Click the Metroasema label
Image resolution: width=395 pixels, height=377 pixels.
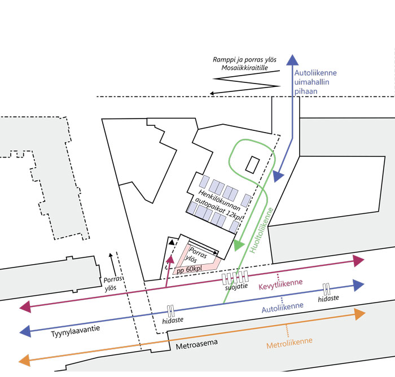point(197,344)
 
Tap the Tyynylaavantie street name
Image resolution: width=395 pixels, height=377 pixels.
point(76,331)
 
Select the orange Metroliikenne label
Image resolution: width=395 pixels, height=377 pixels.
point(289,343)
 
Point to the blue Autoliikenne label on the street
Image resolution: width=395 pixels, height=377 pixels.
point(282,308)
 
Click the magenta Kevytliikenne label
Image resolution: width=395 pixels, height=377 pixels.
point(280,284)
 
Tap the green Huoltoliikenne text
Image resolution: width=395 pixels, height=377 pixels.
point(261,230)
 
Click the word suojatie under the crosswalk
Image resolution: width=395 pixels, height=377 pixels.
point(236,287)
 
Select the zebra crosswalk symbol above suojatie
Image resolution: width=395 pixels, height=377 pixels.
point(235,277)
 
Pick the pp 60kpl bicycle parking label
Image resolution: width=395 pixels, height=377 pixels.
point(189,269)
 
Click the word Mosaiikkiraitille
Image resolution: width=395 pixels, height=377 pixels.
point(244,68)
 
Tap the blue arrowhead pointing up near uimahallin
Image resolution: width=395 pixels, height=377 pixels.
point(292,60)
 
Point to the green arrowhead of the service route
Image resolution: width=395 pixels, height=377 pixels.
point(238,245)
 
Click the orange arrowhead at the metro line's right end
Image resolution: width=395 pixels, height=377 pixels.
point(360,314)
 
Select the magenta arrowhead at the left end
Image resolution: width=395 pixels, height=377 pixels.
point(25,306)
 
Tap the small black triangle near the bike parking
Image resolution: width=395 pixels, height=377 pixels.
point(172,243)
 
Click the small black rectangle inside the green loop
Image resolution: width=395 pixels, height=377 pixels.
point(252,165)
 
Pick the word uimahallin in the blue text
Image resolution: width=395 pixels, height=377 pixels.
point(312,82)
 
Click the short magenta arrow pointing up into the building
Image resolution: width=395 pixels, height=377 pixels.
point(169,271)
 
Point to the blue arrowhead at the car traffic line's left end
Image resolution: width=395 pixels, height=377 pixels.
point(25,331)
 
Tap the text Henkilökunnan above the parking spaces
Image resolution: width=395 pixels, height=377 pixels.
point(219,200)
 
